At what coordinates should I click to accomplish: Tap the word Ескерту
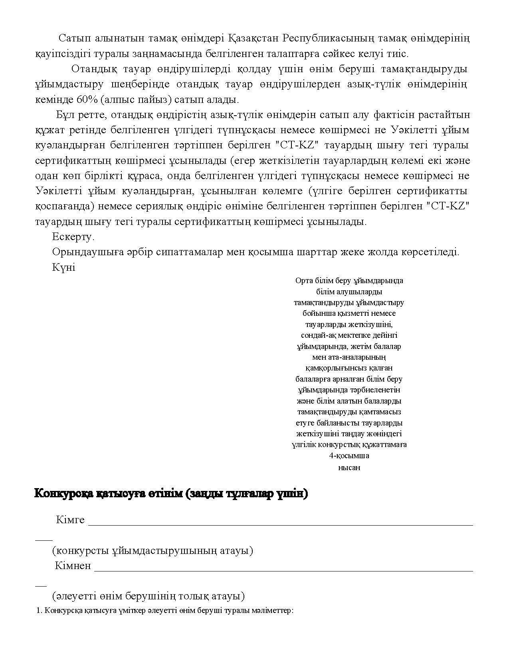[x=73, y=237]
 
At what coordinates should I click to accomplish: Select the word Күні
[x=63, y=268]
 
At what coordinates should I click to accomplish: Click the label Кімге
[x=70, y=520]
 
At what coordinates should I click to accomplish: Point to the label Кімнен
[x=73, y=566]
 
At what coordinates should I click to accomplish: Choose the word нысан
[x=349, y=467]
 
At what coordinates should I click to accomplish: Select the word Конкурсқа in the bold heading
[x=63, y=494]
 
